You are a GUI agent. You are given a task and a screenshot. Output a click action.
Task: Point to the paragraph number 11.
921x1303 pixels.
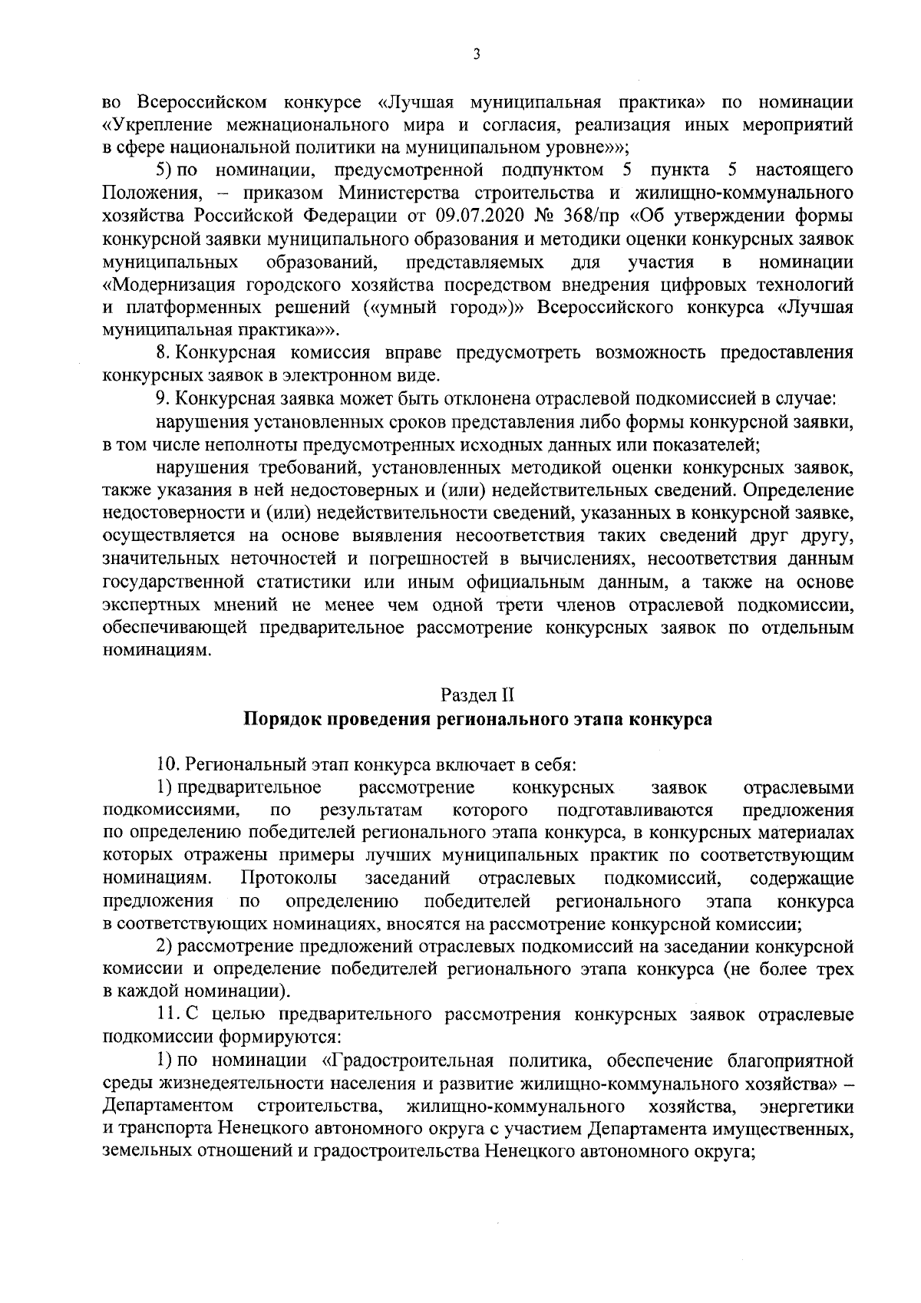(167, 1014)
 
